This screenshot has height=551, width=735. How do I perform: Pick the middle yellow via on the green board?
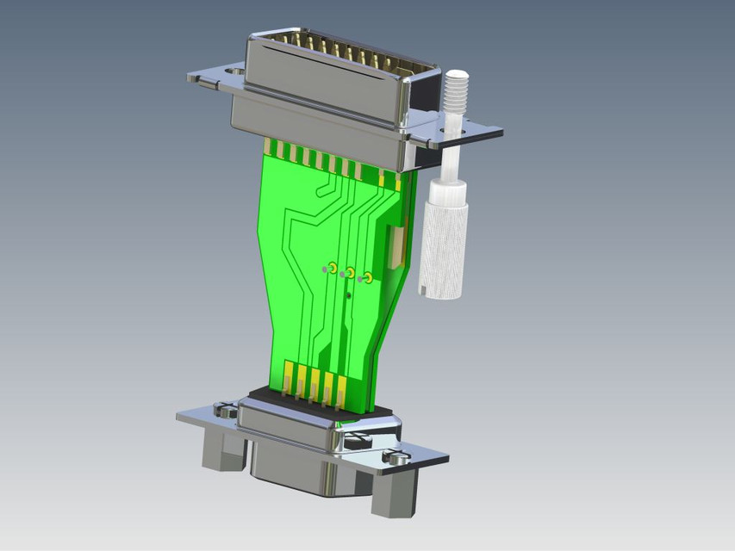(351, 273)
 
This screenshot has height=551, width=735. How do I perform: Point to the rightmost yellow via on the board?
(368, 277)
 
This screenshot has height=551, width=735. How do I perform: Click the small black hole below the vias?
(348, 295)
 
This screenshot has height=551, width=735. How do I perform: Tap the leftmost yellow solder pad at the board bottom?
(288, 376)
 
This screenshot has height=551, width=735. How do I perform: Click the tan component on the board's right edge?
(396, 246)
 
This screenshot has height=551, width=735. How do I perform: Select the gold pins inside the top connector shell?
(336, 52)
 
